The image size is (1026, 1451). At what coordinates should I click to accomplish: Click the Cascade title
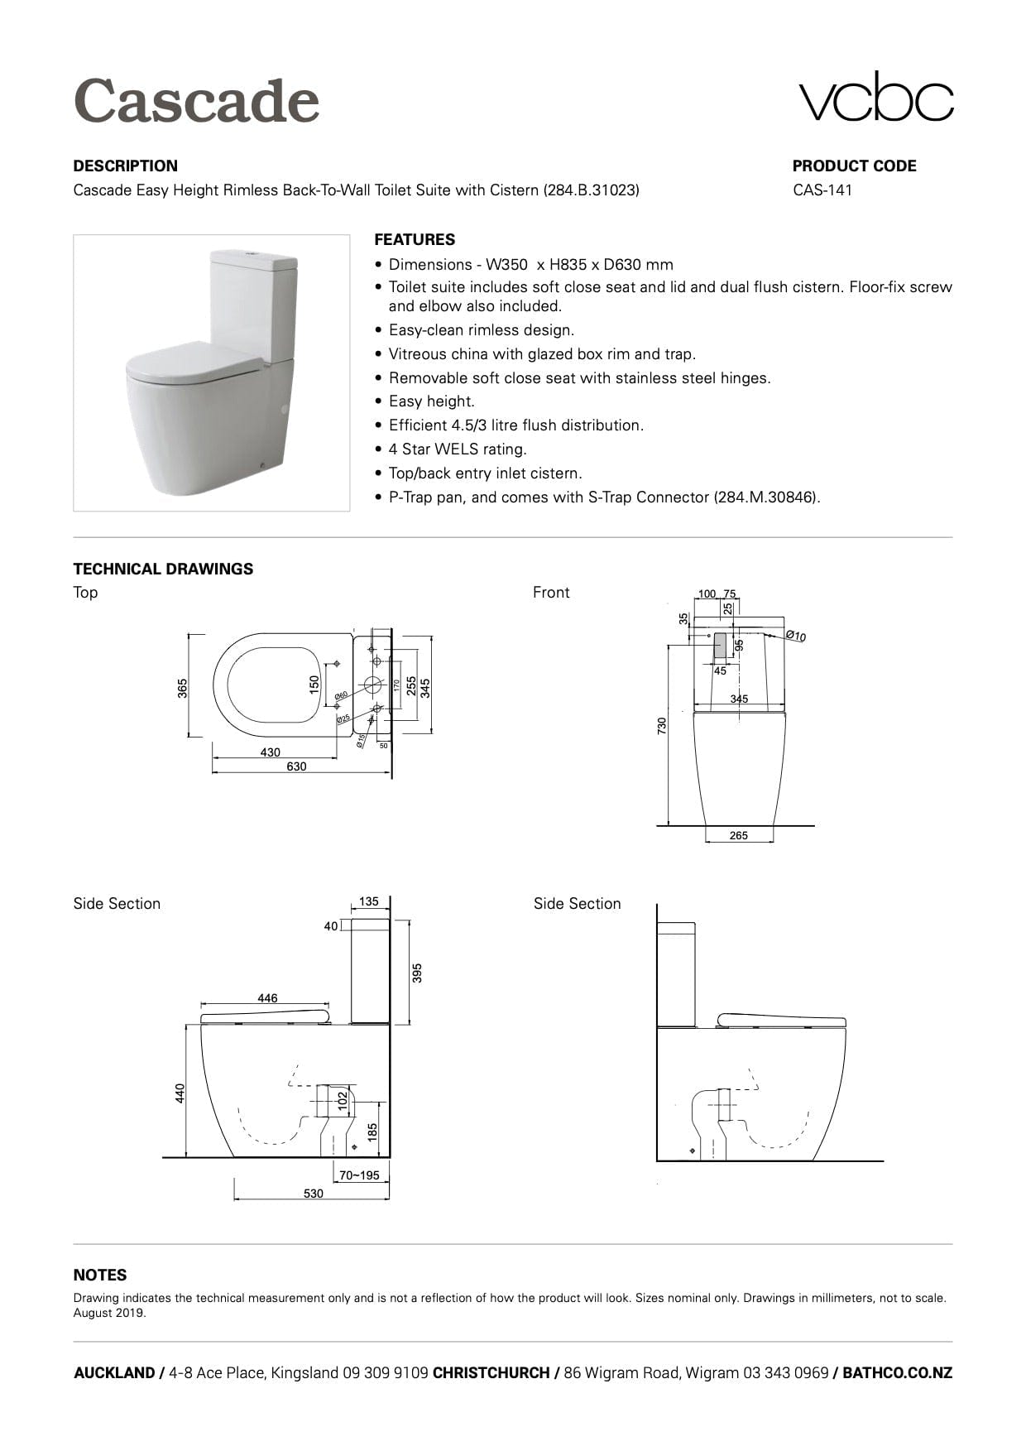196,101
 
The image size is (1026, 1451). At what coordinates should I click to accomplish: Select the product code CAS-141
822,190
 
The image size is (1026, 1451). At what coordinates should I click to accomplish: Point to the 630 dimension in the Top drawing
296,766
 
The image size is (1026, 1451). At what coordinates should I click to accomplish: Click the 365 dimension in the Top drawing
183,688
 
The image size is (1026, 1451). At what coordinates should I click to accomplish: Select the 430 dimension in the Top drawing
271,752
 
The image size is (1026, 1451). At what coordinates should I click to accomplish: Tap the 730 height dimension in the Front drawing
661,726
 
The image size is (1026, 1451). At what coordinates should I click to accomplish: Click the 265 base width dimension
739,835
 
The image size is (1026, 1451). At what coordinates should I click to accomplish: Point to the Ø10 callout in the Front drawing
795,636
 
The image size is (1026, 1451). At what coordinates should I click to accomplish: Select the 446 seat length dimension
267,998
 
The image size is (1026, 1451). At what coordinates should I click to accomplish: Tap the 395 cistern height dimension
417,972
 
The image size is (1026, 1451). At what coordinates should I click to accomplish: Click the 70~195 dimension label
359,1175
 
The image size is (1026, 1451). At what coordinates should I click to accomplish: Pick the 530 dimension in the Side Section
314,1194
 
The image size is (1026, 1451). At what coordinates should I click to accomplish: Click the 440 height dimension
180,1093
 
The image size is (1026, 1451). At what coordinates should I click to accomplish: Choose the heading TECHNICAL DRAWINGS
163,569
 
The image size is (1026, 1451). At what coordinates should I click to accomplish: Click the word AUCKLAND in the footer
113,1373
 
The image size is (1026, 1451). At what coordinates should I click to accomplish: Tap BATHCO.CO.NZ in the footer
897,1373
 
